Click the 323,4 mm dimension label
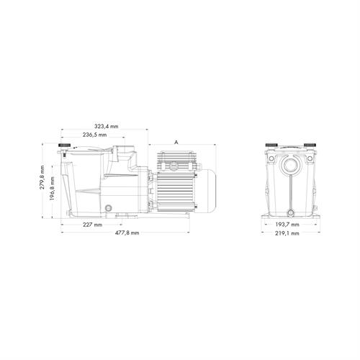click(x=107, y=126)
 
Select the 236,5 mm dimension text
click(x=95, y=135)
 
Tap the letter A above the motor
click(x=176, y=143)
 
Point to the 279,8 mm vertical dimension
click(x=42, y=177)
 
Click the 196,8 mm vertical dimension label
click(x=52, y=189)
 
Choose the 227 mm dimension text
click(x=93, y=225)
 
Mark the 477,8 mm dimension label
click(x=127, y=233)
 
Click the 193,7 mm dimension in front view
click(x=287, y=225)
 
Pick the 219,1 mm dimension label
click(x=287, y=233)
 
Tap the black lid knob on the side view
click(x=65, y=145)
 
